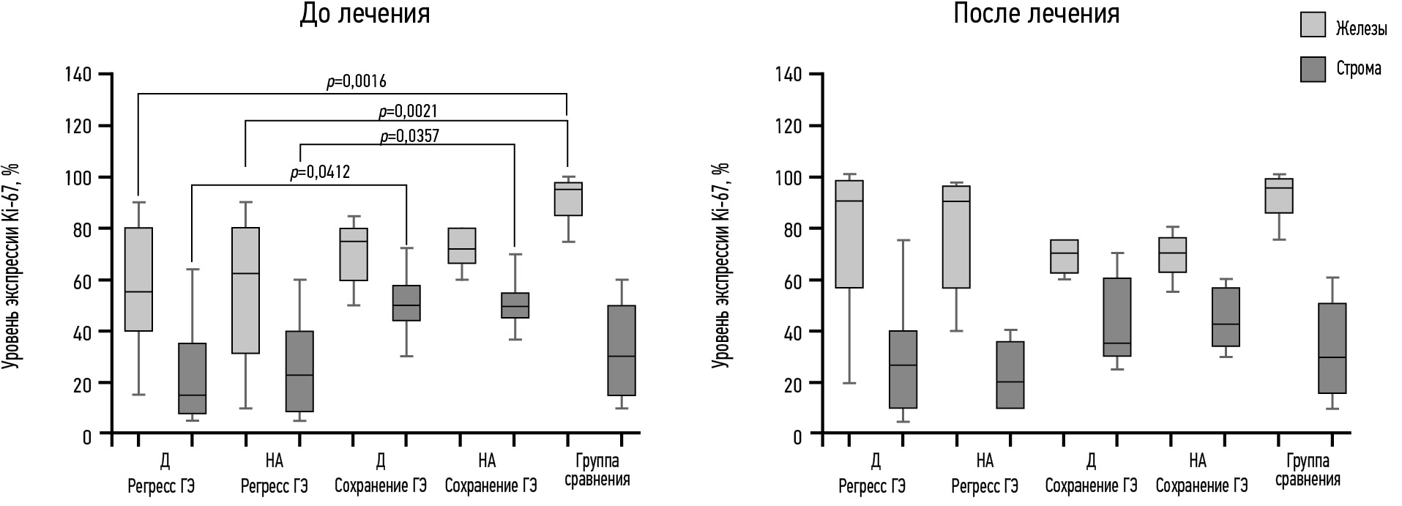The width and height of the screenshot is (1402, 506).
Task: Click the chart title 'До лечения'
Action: tap(364, 14)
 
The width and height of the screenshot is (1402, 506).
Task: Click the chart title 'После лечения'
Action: tap(1036, 14)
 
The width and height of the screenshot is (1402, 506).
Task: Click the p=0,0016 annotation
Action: tap(356, 81)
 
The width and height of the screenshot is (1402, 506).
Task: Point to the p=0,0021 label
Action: tap(408, 111)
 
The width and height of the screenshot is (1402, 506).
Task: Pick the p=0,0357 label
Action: tap(409, 136)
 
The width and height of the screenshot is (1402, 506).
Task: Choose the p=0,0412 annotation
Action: tap(320, 173)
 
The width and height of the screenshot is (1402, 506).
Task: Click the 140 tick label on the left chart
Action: tap(78, 75)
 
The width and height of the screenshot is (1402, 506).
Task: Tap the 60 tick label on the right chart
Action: tap(788, 280)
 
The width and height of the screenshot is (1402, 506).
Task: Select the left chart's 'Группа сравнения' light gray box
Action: tap(568, 199)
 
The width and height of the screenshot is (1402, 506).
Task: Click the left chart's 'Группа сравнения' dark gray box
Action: tap(622, 350)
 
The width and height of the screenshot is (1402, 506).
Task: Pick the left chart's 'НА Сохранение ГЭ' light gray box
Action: tap(461, 245)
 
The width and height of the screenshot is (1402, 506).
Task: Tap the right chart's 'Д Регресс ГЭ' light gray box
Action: tap(849, 234)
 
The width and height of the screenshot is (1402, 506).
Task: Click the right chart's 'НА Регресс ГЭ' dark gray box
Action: tap(1010, 375)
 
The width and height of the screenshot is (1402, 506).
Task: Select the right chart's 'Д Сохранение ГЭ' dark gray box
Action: tap(1117, 317)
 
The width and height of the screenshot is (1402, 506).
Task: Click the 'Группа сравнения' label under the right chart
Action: tap(1308, 470)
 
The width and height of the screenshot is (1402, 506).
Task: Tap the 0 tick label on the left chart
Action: tap(87, 437)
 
